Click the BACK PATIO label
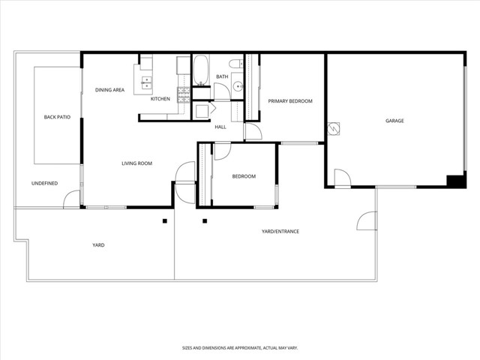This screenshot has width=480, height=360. click(57, 117)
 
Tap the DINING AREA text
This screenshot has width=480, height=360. click(109, 90)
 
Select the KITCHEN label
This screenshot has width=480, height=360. click(160, 99)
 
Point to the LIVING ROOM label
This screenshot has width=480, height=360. click(137, 163)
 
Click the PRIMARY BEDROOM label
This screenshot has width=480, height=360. click(290, 101)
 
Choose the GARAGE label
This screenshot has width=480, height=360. click(394, 120)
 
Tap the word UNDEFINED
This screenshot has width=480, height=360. click(45, 183)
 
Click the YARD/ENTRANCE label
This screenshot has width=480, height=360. click(280, 231)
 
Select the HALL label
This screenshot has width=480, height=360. click(220, 127)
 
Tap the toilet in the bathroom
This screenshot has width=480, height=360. click(235, 64)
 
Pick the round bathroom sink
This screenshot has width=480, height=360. click(237, 86)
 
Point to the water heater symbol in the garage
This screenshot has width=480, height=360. click(333, 128)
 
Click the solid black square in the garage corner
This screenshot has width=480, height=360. click(454, 181)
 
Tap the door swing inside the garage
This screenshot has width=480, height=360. click(341, 178)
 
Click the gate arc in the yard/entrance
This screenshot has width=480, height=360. click(367, 220)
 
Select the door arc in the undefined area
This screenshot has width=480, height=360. click(71, 199)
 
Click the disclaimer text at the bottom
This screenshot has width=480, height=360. click(240, 347)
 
